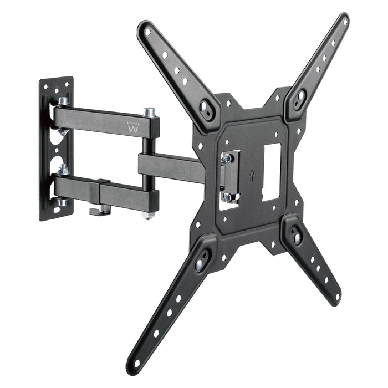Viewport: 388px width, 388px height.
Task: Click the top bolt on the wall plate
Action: point(63,101)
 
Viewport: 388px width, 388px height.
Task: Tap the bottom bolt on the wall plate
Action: point(62,202)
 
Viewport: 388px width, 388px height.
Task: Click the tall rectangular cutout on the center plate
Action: point(271,172)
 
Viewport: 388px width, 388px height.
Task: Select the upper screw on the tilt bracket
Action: point(227,159)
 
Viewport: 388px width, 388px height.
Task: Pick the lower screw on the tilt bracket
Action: point(227,196)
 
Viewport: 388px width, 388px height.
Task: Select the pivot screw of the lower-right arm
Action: point(297,238)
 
